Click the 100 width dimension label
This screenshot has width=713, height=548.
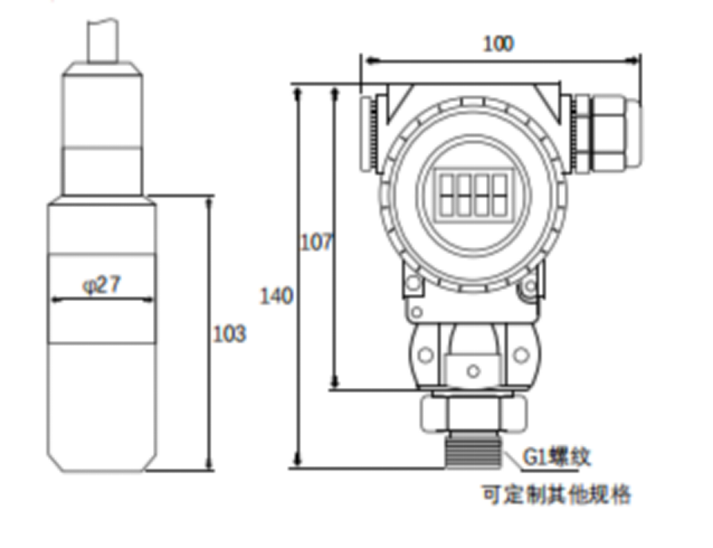(499, 43)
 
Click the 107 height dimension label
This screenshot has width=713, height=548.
(316, 242)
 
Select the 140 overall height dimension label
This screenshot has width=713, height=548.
(276, 296)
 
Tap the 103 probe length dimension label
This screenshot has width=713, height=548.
(229, 333)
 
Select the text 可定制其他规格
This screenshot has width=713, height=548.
(557, 495)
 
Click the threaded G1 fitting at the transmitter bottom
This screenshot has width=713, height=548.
(473, 452)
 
